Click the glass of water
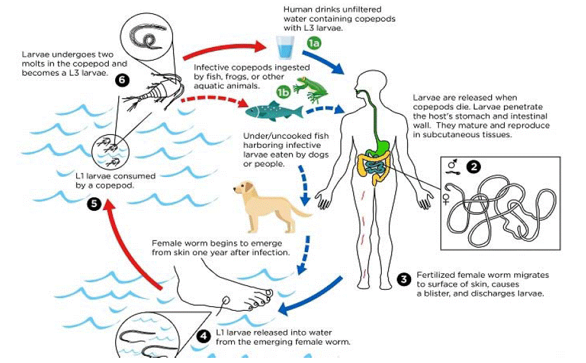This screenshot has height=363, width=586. (285, 48)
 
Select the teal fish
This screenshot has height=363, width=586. (274, 112)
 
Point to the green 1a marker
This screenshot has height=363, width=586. (314, 43)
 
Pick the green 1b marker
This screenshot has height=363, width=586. (283, 92)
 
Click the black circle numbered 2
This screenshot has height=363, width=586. (474, 166)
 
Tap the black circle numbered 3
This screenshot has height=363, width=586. (403, 280)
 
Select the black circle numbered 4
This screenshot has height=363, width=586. (204, 336)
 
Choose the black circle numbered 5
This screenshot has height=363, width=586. (94, 204)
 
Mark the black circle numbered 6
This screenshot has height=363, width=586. (122, 80)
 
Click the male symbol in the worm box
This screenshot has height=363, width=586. (452, 164)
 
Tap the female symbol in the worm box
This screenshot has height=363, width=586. (446, 199)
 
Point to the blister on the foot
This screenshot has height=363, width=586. (226, 300)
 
